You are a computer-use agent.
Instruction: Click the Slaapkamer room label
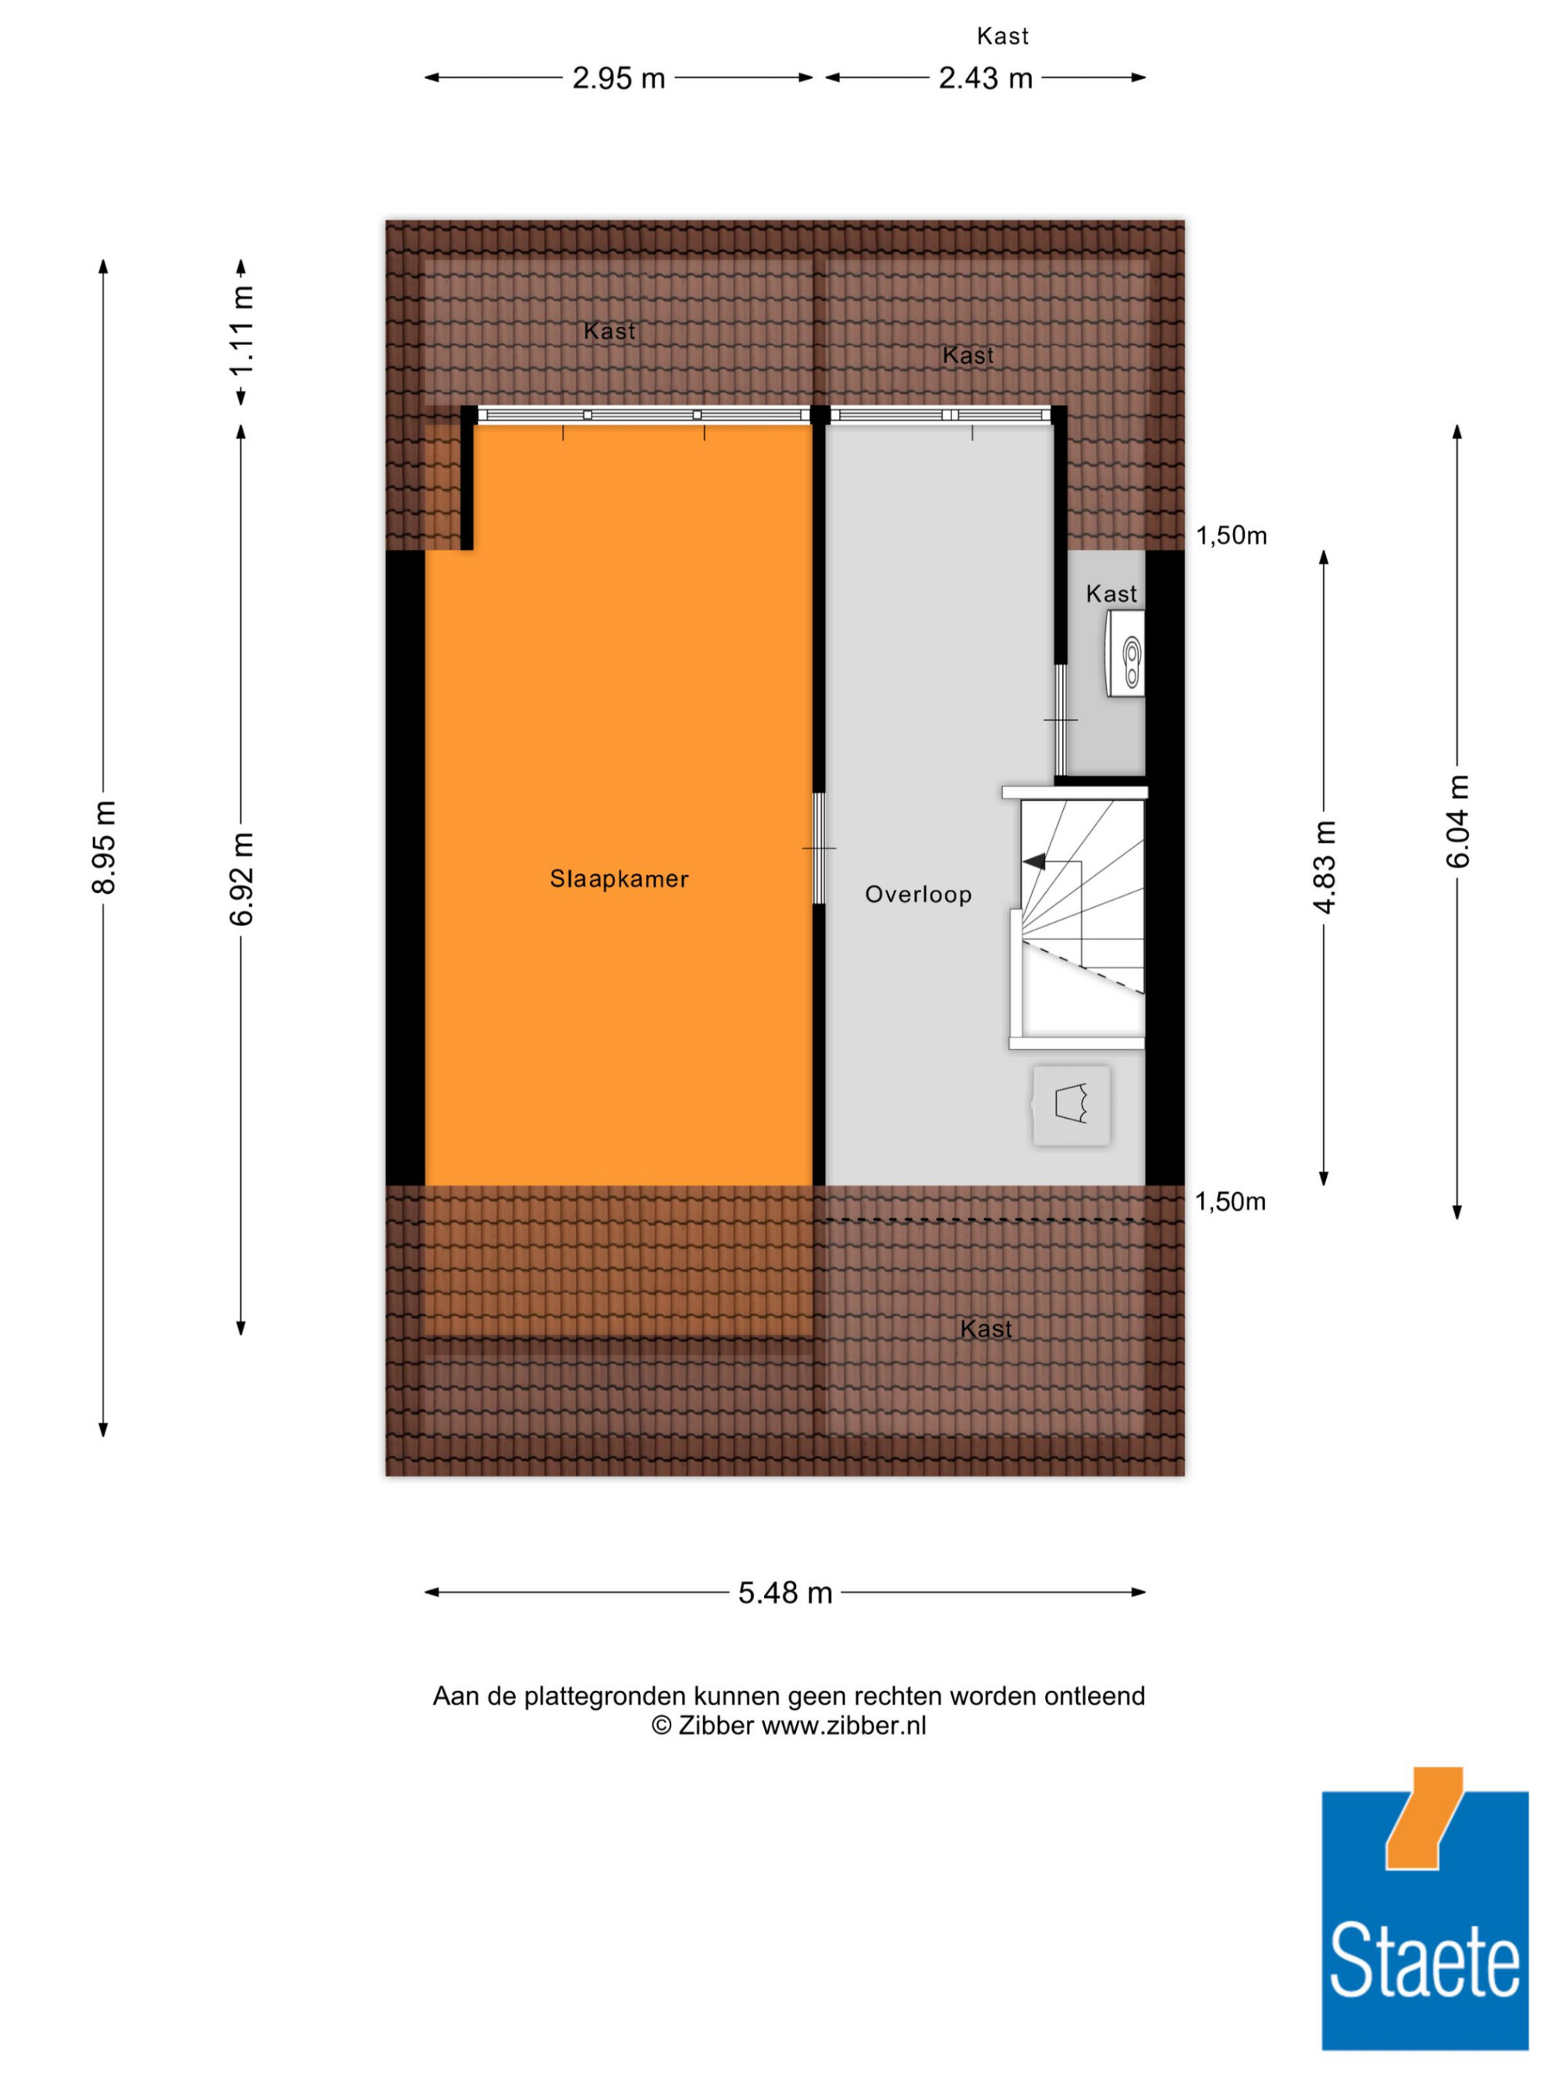[618, 878]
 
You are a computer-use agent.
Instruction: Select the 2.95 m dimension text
[618, 78]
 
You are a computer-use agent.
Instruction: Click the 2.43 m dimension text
[985, 78]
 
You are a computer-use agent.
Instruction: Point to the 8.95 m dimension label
[105, 846]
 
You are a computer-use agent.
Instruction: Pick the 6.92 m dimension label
[242, 878]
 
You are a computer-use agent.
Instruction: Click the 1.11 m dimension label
[242, 330]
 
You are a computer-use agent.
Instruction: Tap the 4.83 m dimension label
[1324, 867]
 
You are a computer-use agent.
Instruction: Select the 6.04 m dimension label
[1457, 820]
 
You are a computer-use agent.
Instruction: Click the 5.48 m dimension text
[784, 1593]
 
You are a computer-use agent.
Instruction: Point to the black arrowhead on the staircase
[1034, 861]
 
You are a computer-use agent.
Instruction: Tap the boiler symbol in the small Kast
[1125, 653]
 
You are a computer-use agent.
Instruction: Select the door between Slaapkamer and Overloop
[819, 848]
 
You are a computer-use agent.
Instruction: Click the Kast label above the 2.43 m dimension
[1002, 36]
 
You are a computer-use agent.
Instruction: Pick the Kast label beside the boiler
[1111, 594]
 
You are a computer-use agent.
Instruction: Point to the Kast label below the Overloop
[986, 1329]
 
